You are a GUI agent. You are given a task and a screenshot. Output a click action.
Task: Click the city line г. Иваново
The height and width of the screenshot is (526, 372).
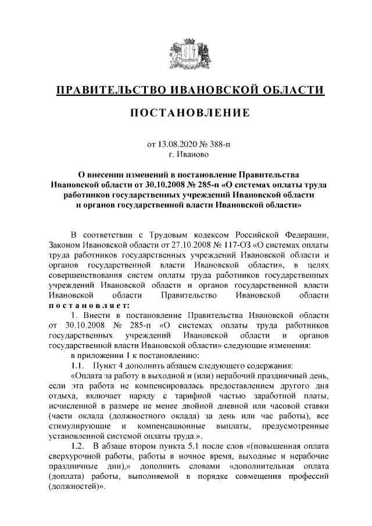pos(187,155)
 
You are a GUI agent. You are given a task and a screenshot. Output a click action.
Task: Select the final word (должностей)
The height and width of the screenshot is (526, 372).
pos(78,488)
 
